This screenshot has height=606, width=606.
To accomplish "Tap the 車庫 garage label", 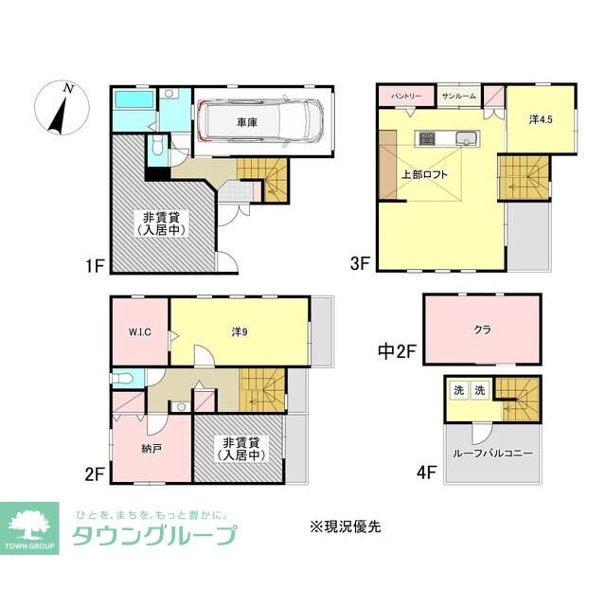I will tap(247, 122).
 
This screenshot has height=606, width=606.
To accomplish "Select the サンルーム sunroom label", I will tap(459, 97).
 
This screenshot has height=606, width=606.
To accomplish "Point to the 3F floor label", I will tap(359, 265).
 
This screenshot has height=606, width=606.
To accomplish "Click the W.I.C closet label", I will tap(140, 332).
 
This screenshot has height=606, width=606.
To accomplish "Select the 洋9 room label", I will tap(241, 331).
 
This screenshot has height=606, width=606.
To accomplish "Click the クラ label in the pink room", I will tap(481, 330).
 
